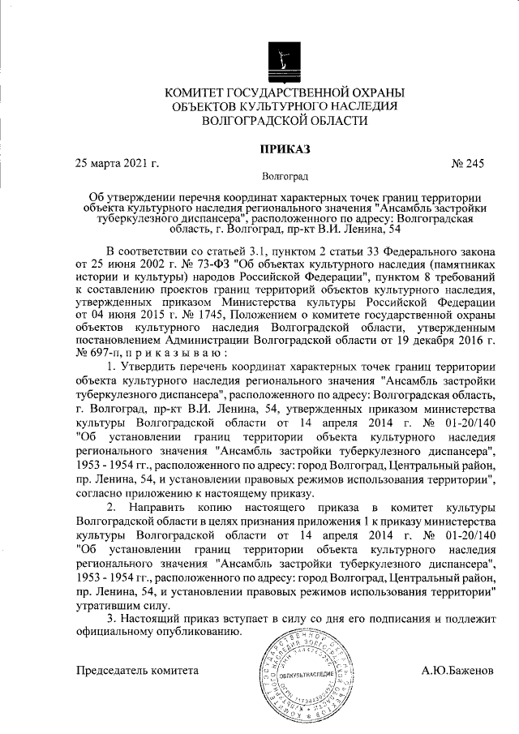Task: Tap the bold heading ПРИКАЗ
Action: click(283, 148)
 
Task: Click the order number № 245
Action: click(467, 164)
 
